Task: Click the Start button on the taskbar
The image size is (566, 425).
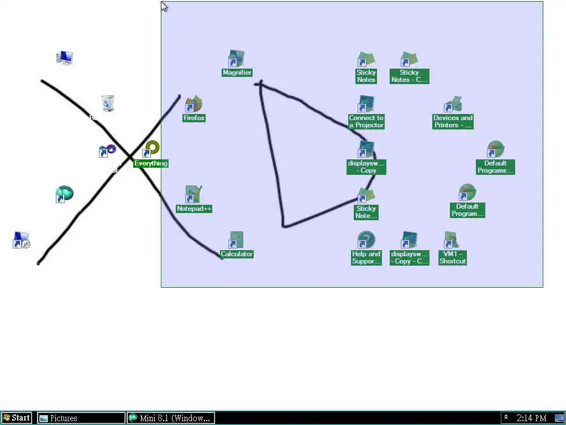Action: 17,418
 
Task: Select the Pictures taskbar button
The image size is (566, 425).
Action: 81,418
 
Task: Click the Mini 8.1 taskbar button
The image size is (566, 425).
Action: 171,418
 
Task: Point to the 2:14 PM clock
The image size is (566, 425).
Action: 531,418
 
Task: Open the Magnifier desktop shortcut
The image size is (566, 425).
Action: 237,59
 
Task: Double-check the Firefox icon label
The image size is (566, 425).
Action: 194,118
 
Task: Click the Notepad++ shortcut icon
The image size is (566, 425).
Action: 193,195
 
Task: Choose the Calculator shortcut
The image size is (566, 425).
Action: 237,241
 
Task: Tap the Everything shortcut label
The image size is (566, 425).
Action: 151,163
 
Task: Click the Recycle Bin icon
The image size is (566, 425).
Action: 108,103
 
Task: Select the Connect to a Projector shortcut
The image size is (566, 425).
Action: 366,105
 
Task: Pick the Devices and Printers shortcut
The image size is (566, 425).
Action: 453,105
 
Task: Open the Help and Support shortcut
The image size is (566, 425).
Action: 366,241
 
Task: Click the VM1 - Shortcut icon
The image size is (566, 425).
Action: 452,241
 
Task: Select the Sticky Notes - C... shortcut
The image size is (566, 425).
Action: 409,59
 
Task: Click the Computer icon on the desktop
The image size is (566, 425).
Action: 65,58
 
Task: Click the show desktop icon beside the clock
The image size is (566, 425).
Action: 559,418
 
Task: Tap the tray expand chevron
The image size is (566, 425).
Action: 506,418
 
